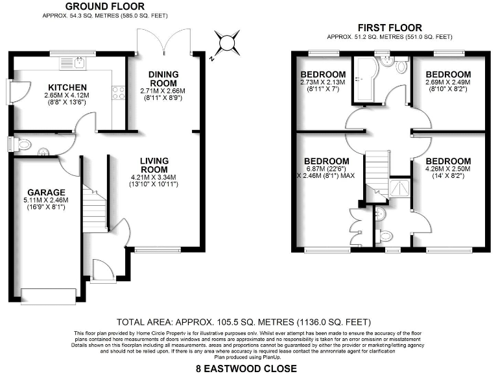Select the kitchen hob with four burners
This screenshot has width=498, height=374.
(119, 93)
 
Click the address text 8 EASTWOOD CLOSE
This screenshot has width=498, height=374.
(246, 368)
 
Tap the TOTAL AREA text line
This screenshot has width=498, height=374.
(243, 321)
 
